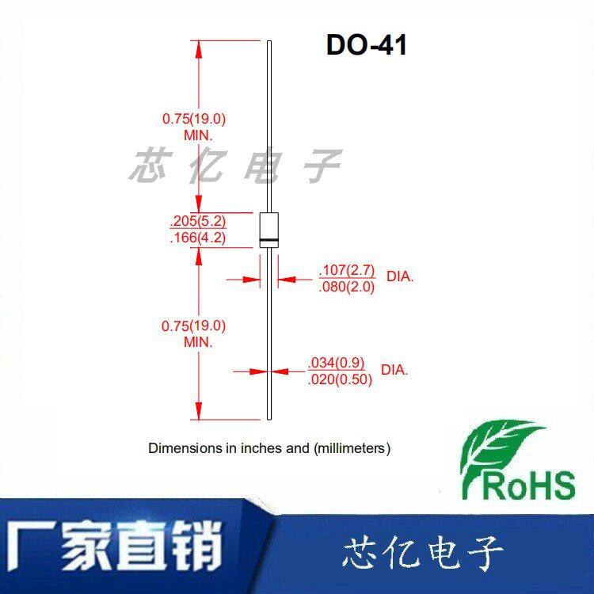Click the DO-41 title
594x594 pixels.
point(366,45)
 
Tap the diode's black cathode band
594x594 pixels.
point(270,240)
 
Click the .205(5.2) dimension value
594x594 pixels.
point(197,221)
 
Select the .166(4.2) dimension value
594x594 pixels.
point(197,237)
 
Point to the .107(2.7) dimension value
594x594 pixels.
point(346,272)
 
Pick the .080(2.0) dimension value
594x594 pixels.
point(346,287)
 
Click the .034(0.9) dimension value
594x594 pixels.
point(336,364)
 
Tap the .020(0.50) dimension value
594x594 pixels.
point(339,379)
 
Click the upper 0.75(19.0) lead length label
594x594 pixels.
point(194,120)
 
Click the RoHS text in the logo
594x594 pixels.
point(528,484)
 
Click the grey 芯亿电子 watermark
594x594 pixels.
point(235,166)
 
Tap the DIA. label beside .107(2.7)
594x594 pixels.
point(400,278)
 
